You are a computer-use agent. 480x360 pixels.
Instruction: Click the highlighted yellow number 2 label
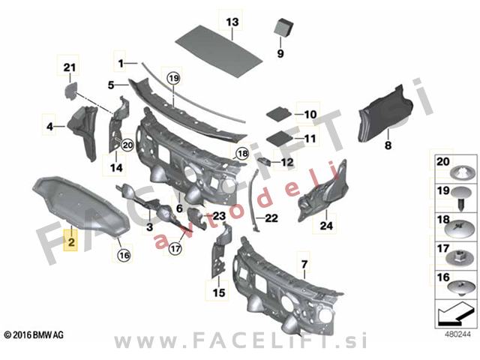(x=71, y=242)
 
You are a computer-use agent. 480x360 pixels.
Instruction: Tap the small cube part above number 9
(x=283, y=27)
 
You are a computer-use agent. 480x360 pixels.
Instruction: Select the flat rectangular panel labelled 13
(x=219, y=51)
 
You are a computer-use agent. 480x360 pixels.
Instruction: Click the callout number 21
(x=70, y=67)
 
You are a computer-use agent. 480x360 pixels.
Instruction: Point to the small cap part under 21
(x=70, y=91)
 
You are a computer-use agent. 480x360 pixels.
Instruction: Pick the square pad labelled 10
(x=278, y=113)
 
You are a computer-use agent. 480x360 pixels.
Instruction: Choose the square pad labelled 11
(x=280, y=137)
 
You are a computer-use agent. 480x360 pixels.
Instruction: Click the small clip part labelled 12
(x=265, y=160)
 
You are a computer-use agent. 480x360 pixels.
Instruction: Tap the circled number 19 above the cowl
(x=173, y=78)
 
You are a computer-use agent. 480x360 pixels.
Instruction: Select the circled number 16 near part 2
(x=124, y=255)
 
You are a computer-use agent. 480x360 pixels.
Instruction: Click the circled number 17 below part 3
(x=175, y=248)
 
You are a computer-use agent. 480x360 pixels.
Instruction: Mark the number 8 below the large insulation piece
(x=388, y=145)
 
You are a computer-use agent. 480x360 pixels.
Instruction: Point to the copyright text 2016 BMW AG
(x=34, y=335)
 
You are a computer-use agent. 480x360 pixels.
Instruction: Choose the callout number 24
(x=326, y=226)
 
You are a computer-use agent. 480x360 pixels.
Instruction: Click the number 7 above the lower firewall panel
(x=304, y=264)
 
